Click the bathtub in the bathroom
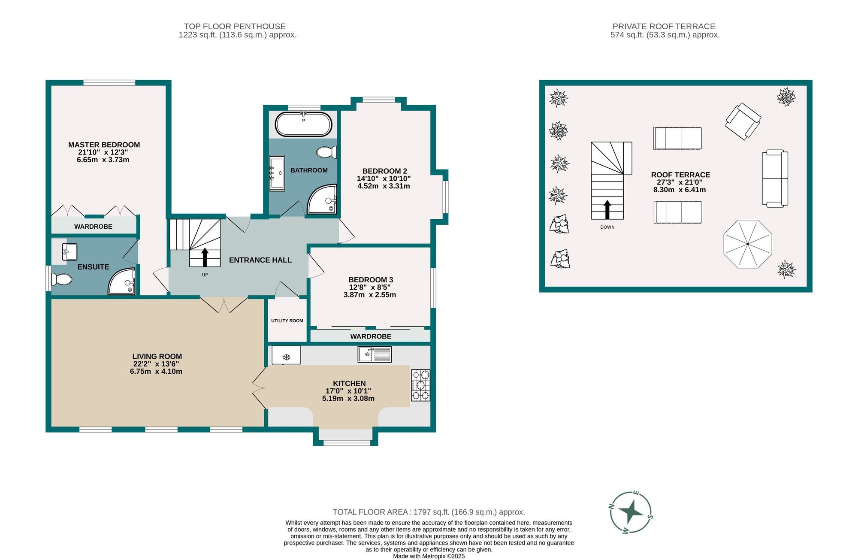click(303, 124)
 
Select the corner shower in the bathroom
click(322, 199)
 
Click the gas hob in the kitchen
click(420, 385)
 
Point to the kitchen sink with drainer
click(375, 354)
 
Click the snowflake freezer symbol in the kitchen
click(286, 357)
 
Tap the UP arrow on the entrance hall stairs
click(205, 257)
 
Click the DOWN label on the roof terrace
click(607, 227)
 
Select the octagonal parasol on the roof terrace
click(747, 244)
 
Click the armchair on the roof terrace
click(743, 121)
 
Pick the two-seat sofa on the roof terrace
click(775, 179)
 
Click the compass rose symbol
click(631, 512)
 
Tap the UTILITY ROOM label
click(287, 321)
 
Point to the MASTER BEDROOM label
click(104, 145)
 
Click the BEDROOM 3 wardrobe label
click(371, 336)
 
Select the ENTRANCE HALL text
click(260, 260)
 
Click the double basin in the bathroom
click(277, 173)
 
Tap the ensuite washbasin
click(69, 252)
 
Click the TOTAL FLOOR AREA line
click(429, 512)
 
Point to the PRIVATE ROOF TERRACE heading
click(664, 26)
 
